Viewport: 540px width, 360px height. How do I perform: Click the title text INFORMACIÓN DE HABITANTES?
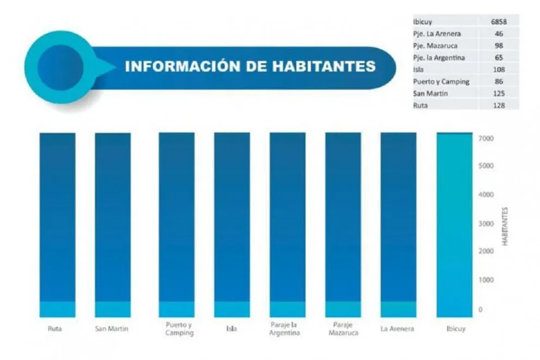coord(250,66)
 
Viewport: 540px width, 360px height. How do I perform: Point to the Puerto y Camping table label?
coord(441,82)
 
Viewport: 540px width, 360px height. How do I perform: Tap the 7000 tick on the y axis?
coord(486,139)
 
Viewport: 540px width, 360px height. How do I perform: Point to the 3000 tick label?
coord(486,224)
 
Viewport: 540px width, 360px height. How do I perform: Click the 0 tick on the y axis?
coord(480,309)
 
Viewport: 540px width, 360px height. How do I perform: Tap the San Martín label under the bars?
coord(112,329)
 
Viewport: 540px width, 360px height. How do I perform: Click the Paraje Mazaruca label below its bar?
coord(343,329)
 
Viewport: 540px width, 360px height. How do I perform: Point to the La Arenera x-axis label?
coord(398,329)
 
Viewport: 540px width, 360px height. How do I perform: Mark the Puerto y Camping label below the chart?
coord(177,329)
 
